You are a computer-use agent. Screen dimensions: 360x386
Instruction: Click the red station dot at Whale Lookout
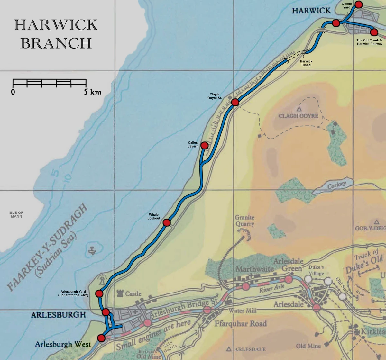pos(166,222)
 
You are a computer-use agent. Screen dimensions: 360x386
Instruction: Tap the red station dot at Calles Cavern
pos(204,146)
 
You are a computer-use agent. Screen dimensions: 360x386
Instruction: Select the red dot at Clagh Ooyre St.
pos(235,102)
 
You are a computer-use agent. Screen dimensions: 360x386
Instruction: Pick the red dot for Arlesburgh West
pos(101,338)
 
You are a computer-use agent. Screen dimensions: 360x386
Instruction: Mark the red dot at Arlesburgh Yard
pos(99,293)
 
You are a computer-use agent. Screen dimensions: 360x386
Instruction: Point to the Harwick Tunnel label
pos(306,63)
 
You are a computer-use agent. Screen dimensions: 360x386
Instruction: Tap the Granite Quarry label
pos(244,221)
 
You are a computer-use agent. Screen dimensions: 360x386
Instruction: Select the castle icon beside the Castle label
pos(121,293)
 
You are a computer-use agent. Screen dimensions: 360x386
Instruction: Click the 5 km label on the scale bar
pos(93,92)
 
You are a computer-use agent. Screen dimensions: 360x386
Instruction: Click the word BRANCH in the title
pos(56,43)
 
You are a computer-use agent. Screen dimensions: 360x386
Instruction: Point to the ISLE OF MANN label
pos(16,214)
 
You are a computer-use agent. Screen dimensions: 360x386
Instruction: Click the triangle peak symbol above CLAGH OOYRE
pos(299,109)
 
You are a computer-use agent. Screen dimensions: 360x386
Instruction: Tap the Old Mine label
pos(308,346)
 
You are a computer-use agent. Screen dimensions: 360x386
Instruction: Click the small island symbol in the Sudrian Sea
pos(93,249)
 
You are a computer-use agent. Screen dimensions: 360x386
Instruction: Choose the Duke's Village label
pos(316,270)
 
